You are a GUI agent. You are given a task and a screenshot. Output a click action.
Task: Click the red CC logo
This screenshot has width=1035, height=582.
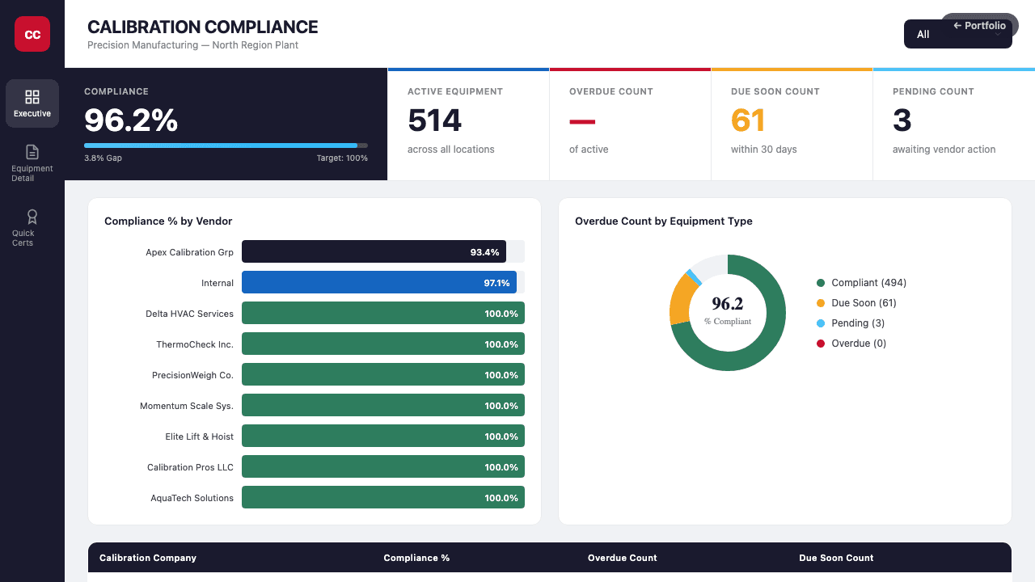pyautogui.click(x=32, y=34)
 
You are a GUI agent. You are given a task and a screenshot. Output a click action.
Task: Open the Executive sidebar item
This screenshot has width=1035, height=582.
pyautogui.click(x=32, y=103)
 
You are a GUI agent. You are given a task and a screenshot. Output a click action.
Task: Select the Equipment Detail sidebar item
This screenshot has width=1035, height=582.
pyautogui.click(x=32, y=162)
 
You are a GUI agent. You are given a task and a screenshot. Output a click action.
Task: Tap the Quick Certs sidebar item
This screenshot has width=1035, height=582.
pyautogui.click(x=32, y=227)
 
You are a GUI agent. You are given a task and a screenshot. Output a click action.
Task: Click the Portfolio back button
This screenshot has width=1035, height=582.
pyautogui.click(x=979, y=26)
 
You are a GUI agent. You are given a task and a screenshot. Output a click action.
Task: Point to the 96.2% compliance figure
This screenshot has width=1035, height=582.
pyautogui.click(x=131, y=120)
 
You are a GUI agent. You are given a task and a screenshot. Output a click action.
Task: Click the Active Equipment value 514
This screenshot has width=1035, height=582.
pyautogui.click(x=434, y=120)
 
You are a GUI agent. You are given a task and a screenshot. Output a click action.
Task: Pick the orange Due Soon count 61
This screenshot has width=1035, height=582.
pyautogui.click(x=748, y=120)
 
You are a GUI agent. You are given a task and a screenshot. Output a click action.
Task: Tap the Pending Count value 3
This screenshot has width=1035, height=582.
pyautogui.click(x=902, y=120)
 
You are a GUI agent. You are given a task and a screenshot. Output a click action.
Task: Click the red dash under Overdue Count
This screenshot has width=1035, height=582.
pyautogui.click(x=582, y=122)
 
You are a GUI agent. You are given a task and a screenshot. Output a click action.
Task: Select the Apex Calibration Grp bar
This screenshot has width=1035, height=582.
pyautogui.click(x=374, y=252)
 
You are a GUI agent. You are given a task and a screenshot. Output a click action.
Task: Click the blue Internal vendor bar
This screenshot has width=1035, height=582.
pyautogui.click(x=378, y=283)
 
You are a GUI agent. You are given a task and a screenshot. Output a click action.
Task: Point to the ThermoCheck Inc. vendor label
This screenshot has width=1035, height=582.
pyautogui.click(x=195, y=344)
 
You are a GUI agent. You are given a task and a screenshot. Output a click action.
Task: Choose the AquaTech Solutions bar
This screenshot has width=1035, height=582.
pyautogui.click(x=383, y=498)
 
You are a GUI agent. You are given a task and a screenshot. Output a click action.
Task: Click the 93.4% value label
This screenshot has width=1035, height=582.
pyautogui.click(x=484, y=252)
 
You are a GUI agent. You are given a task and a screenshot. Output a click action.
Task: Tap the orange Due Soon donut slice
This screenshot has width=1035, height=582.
pyautogui.click(x=681, y=300)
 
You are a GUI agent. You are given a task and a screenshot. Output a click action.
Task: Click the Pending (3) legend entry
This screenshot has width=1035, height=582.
pyautogui.click(x=857, y=323)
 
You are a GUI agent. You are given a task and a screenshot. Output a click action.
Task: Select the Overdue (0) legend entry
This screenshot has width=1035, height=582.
pyautogui.click(x=858, y=344)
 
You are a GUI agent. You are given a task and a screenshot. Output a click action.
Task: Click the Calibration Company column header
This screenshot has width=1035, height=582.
pyautogui.click(x=148, y=558)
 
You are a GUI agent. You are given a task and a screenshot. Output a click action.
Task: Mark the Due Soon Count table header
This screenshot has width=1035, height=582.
pyautogui.click(x=836, y=558)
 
